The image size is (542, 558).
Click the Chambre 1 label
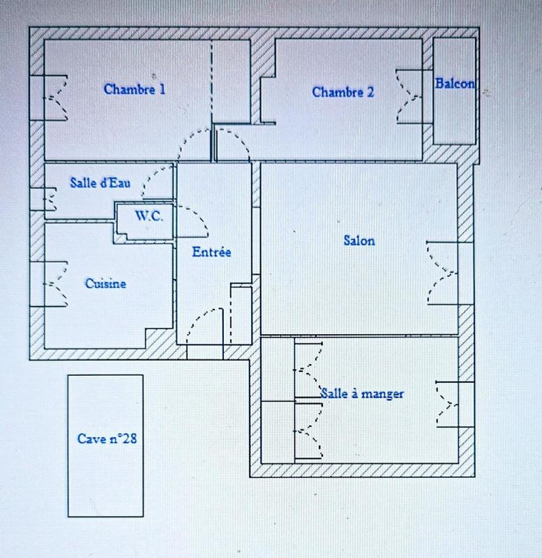coord(135,89)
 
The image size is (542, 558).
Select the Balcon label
coord(455,84)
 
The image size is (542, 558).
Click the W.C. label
coord(149,216)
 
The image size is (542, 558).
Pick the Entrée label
coord(211,252)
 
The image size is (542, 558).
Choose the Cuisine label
coord(105,283)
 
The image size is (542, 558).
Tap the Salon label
coord(359,241)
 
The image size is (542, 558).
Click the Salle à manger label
coord(362,393)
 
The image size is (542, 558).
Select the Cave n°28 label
coord(107,439)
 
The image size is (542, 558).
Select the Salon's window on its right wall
coord(442,273)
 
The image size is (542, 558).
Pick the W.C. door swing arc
coord(195,220)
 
